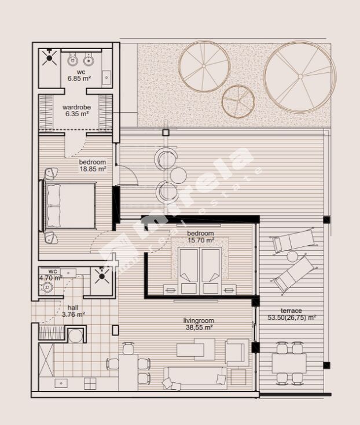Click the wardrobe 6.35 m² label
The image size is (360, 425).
tap(77, 110)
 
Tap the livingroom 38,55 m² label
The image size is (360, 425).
tap(199, 324)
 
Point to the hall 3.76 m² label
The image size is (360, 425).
tap(74, 311)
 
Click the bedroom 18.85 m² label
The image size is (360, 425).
tap(92, 165)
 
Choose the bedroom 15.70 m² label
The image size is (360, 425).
tap(200, 236)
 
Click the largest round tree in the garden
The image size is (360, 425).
tap(300, 77)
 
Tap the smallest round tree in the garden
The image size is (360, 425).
tap(238, 101)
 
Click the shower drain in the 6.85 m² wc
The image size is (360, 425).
tap(49, 57)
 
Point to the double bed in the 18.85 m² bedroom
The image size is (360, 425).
tap(68, 206)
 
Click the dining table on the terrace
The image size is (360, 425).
tap(289, 364)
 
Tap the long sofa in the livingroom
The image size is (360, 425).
tap(195, 378)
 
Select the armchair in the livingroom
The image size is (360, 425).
tap(237, 352)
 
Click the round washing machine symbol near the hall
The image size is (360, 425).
tap(75, 336)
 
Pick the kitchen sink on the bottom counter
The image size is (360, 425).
tap(61, 383)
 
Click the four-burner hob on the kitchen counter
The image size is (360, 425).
tap(90, 383)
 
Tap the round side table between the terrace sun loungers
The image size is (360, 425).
tap(292, 256)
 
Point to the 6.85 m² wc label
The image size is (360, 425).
tap(79, 75)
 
